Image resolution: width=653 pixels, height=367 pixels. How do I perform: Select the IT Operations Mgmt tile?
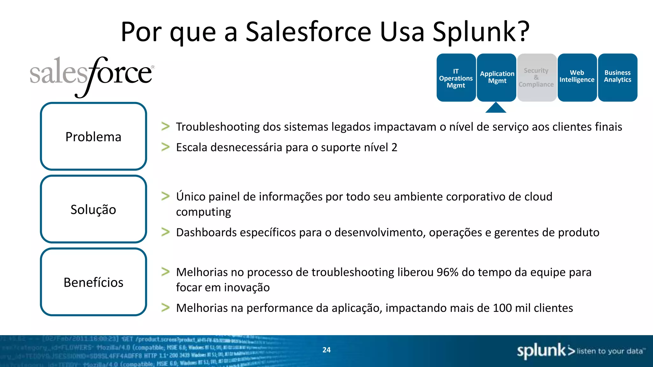456,78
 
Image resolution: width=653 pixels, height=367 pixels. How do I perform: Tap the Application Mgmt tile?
496,77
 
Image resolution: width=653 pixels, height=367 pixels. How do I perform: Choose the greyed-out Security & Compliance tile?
537,77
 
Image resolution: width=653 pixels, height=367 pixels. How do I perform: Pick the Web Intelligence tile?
577,77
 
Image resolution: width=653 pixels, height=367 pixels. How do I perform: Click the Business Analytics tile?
617,77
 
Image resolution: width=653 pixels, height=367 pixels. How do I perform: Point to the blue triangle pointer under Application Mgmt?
496,108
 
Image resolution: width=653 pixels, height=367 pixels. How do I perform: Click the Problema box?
93,136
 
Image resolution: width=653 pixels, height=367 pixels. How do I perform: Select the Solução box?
93,209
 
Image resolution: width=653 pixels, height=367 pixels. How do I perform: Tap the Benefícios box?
93,282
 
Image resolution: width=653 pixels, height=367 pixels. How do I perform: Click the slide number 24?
326,350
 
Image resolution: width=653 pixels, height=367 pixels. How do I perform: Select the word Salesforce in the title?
308,32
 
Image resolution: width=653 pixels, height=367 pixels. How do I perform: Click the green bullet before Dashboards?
165,232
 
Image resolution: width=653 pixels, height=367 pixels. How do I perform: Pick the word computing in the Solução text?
203,212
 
